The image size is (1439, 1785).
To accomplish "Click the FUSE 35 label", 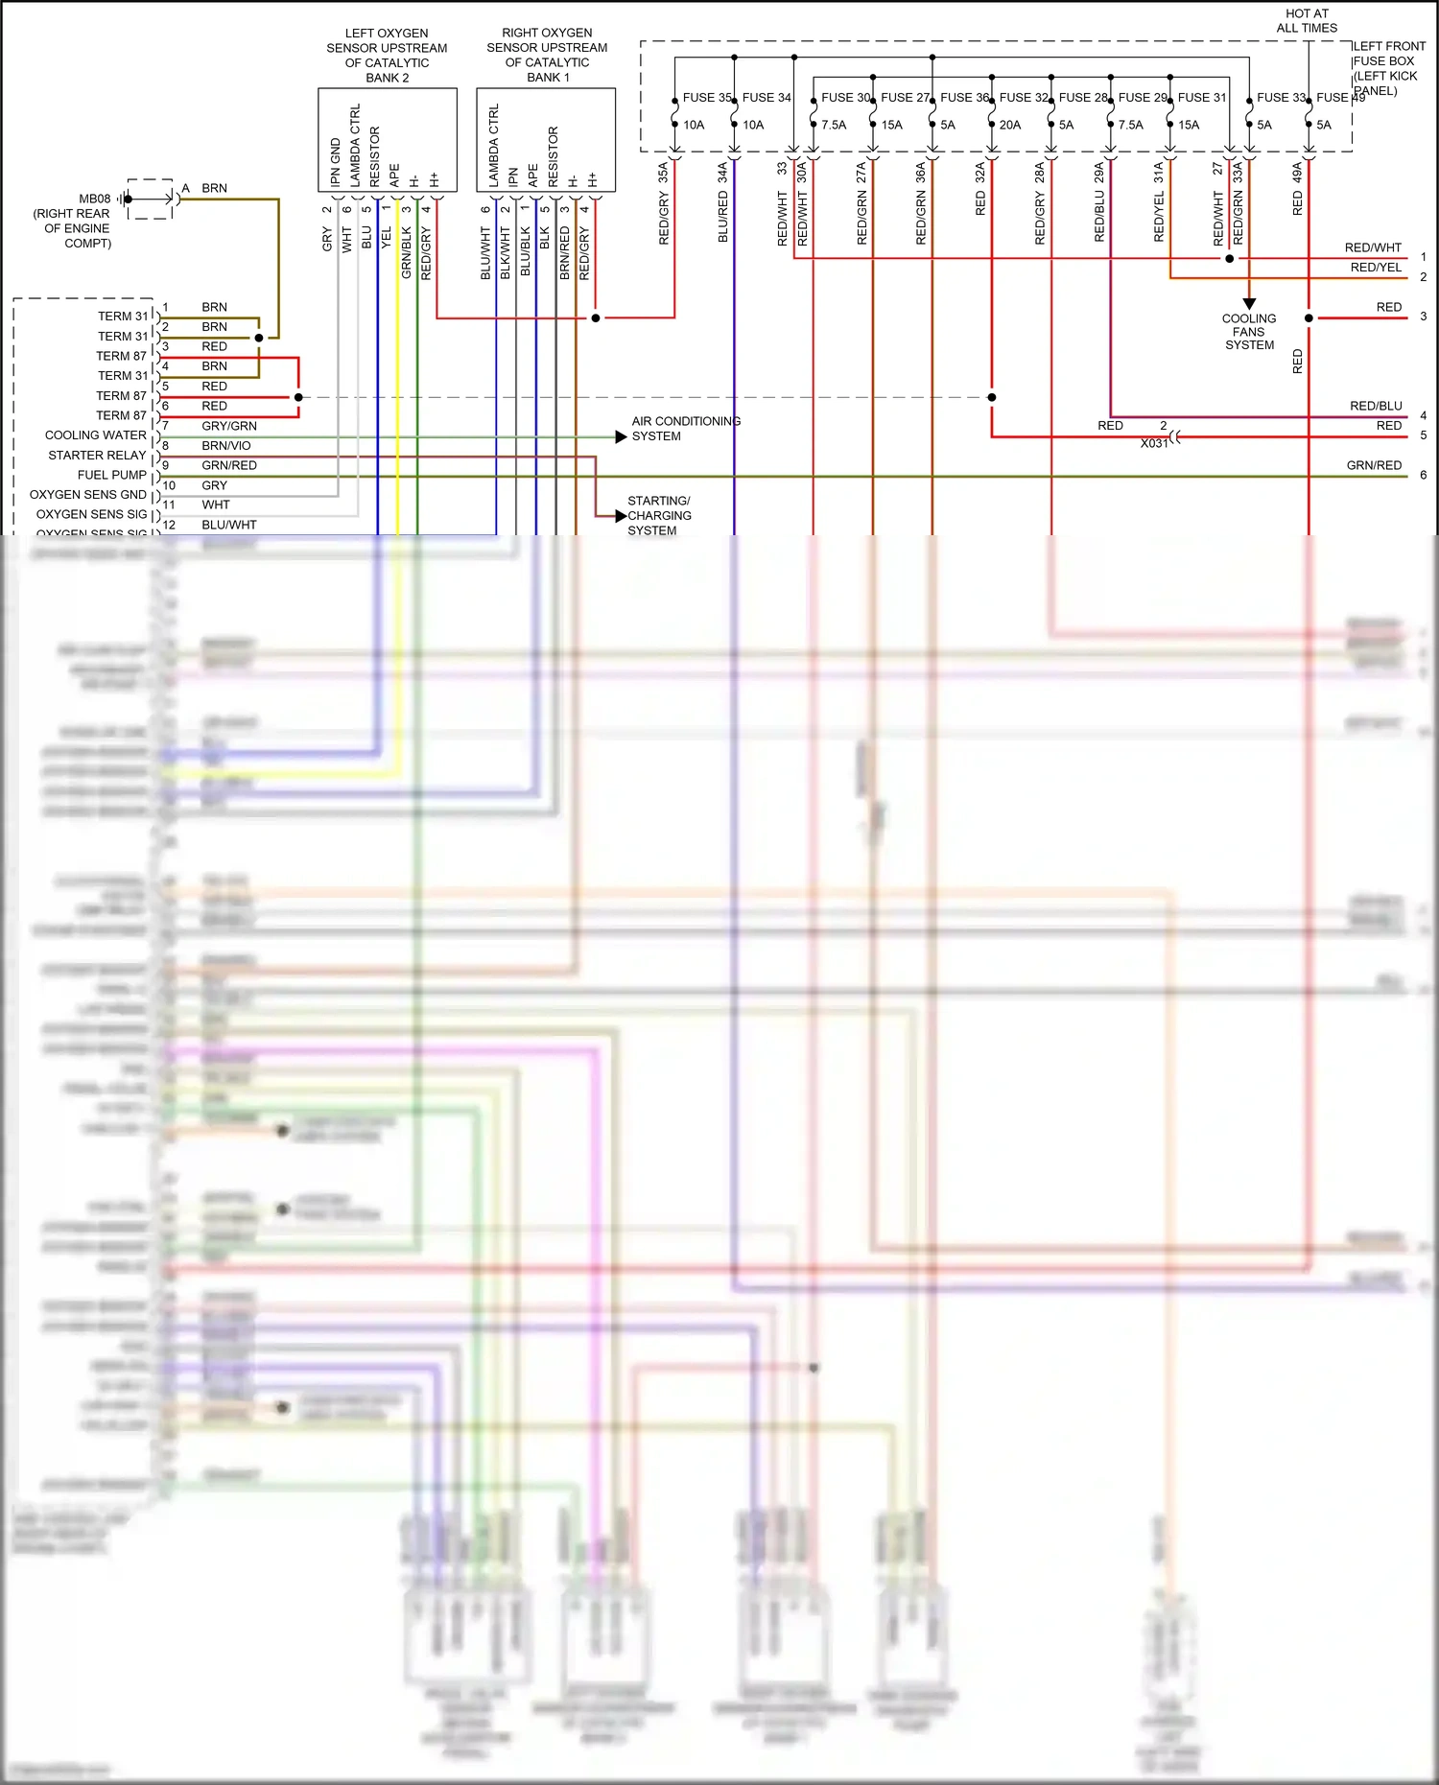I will (707, 97).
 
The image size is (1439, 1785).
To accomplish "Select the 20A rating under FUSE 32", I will (1009, 125).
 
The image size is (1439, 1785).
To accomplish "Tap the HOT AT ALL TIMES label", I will (1307, 21).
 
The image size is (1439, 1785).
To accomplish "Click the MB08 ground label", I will (94, 199).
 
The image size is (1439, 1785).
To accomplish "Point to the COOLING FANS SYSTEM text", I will (1249, 332).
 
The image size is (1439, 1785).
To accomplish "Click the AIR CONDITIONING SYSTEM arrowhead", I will (622, 436).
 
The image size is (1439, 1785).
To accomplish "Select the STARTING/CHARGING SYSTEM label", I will (658, 515).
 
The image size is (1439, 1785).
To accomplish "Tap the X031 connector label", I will (1154, 443).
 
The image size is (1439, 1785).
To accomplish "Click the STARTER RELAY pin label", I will (97, 455).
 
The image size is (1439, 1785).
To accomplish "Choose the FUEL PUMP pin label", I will (111, 475).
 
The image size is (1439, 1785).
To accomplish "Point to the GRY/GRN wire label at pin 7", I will (228, 426).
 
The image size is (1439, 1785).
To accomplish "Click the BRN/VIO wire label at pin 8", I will (225, 446).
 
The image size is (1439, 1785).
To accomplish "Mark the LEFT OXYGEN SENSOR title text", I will (387, 56).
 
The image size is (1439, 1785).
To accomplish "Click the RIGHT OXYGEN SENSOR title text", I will (547, 55).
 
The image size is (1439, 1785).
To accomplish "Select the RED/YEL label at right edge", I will (1376, 268).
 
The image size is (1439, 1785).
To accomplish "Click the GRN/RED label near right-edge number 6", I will (1374, 465).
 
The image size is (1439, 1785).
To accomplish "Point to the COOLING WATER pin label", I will (95, 435).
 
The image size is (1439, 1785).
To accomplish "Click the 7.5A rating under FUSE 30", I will (834, 125).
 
